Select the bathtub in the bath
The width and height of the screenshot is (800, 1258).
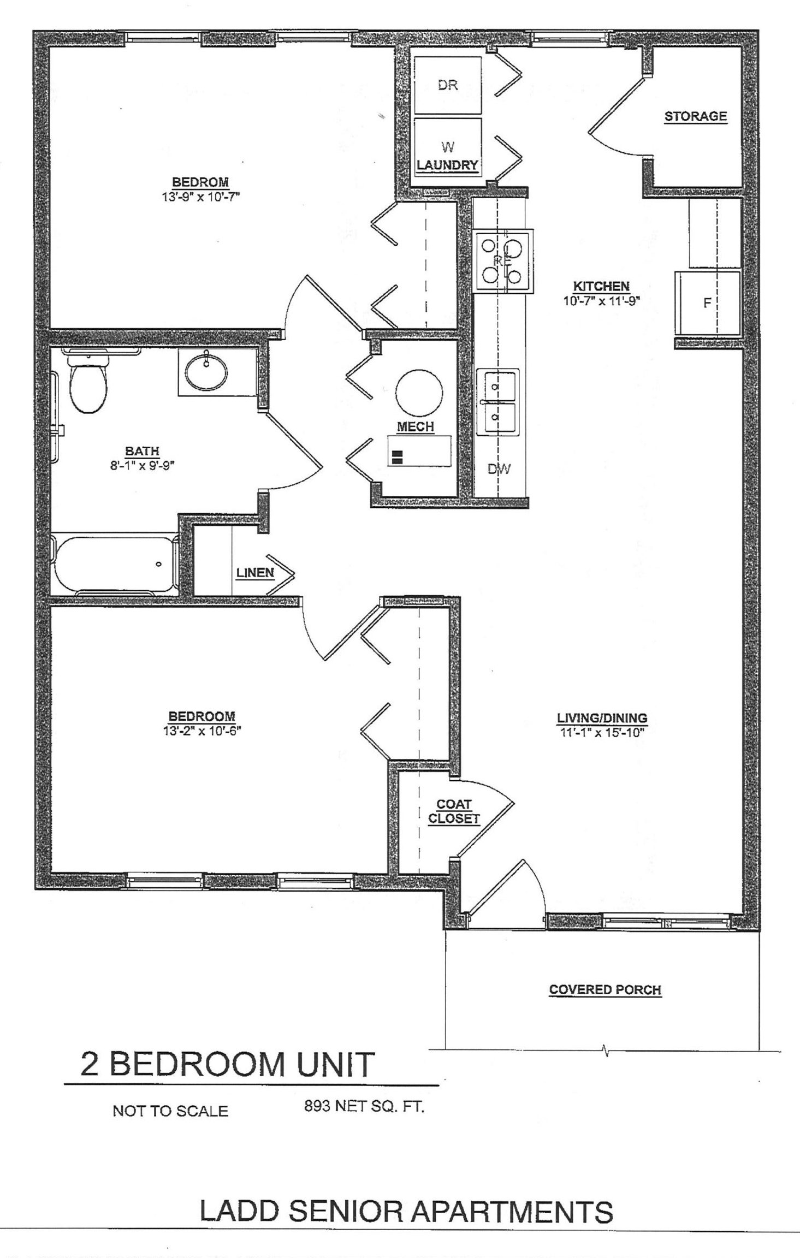pos(115,565)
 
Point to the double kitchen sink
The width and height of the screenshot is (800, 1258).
pos(497,402)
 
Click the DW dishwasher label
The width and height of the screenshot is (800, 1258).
pos(499,468)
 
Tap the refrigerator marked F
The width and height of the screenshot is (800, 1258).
pos(707,302)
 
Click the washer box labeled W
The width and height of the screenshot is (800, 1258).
pos(448,146)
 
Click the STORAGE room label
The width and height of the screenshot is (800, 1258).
pos(696,116)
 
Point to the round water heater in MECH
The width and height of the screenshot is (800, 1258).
pos(419,394)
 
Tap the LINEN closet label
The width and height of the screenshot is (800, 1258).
pos(255,572)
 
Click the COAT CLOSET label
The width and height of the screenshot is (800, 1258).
pos(454,811)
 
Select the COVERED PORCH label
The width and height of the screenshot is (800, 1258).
pos(605,989)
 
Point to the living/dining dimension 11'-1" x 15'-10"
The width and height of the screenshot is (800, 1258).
pos(602,733)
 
